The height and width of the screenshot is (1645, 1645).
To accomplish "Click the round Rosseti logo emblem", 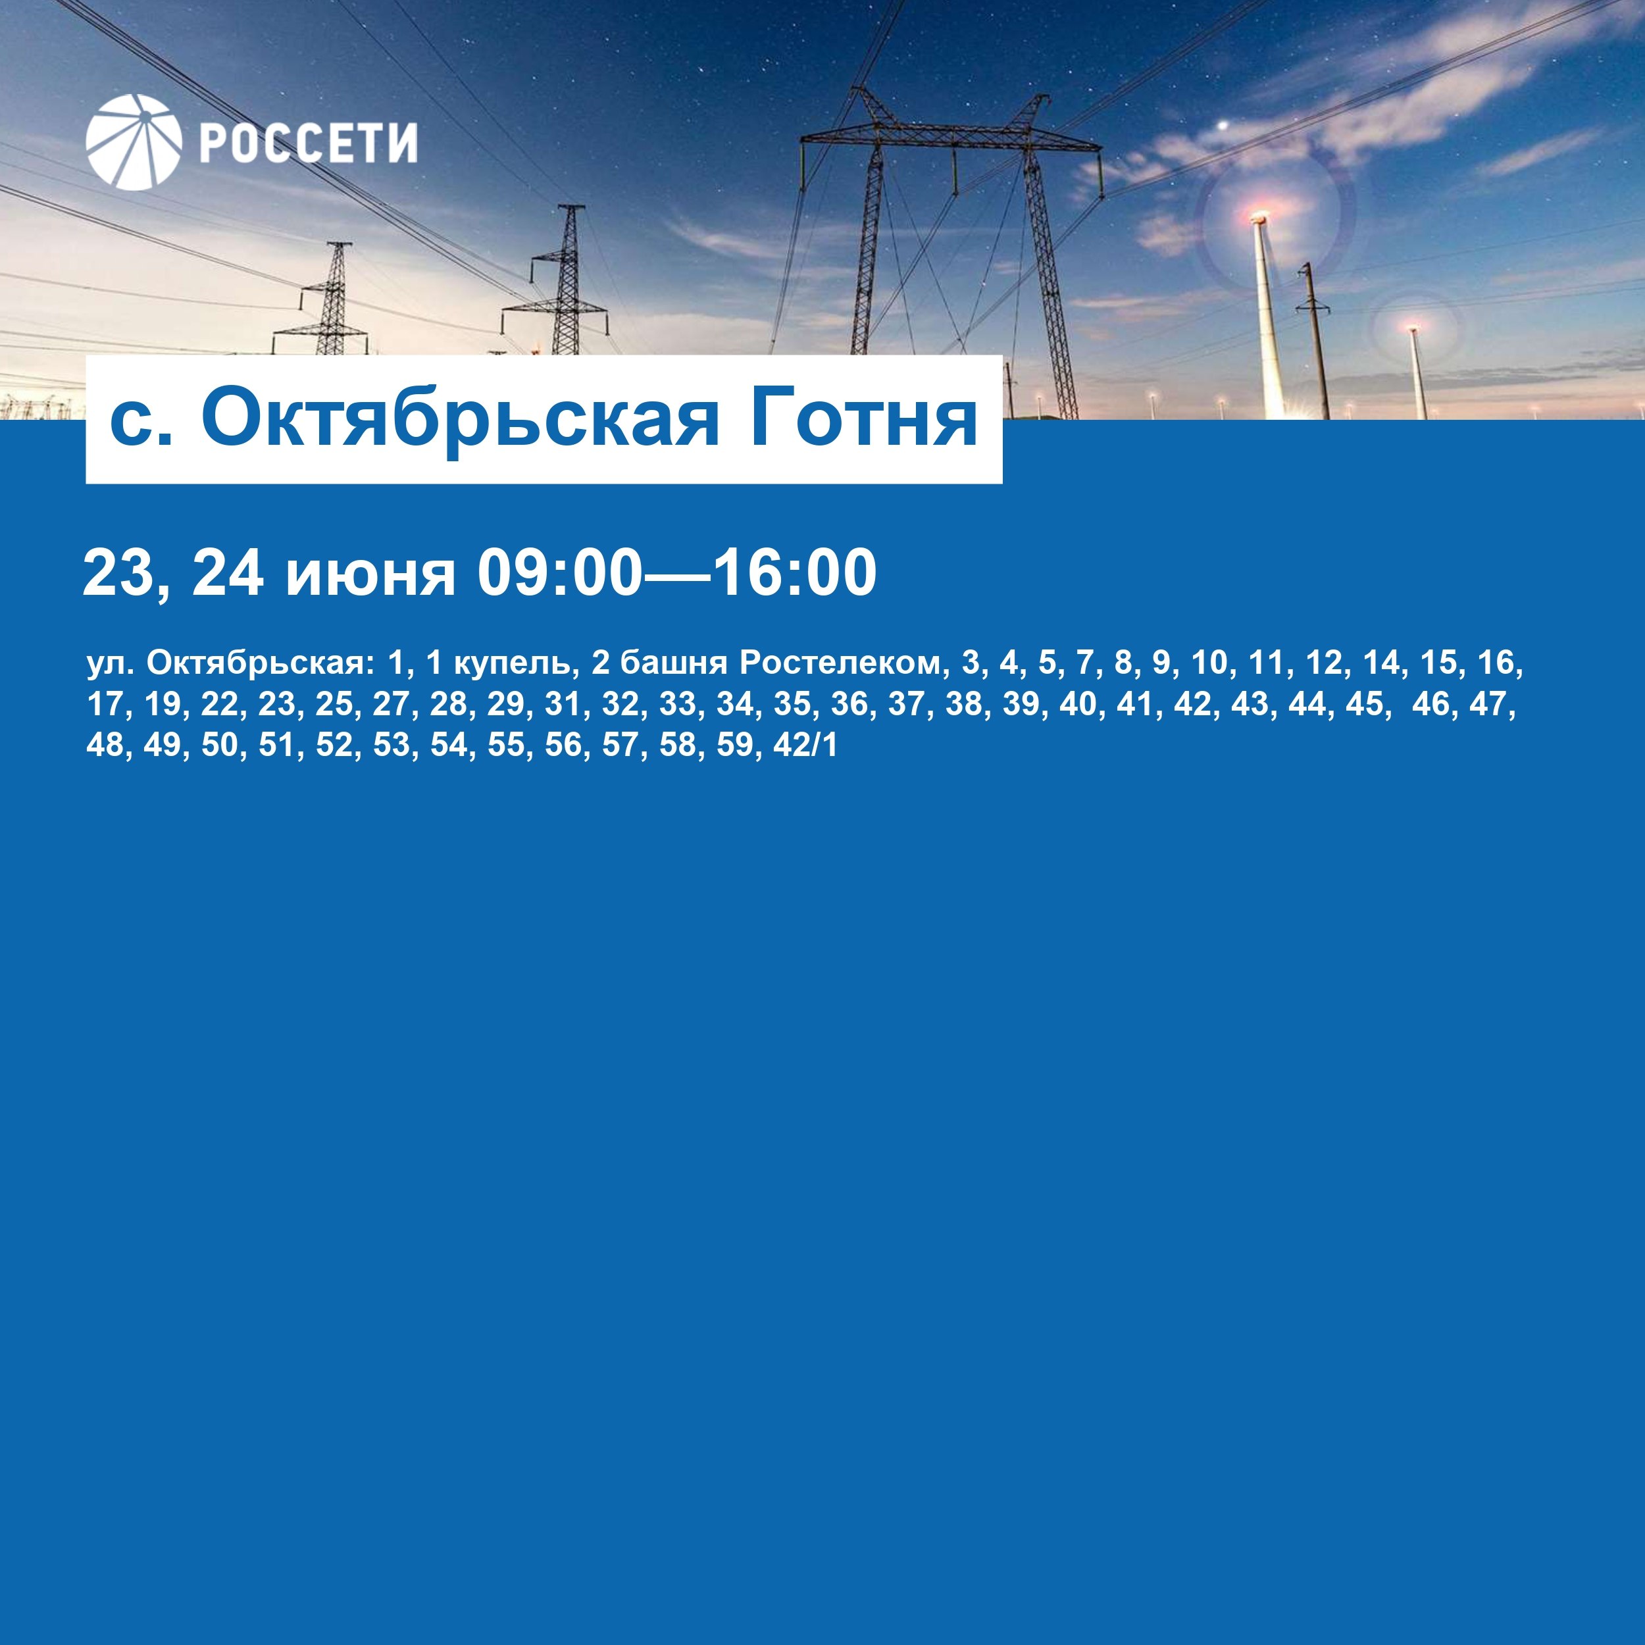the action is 134,141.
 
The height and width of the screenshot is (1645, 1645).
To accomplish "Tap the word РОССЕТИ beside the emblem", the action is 308,142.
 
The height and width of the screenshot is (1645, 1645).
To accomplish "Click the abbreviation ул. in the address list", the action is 111,663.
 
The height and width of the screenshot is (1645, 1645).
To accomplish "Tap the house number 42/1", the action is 805,745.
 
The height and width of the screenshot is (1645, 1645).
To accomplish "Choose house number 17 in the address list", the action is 105,705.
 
